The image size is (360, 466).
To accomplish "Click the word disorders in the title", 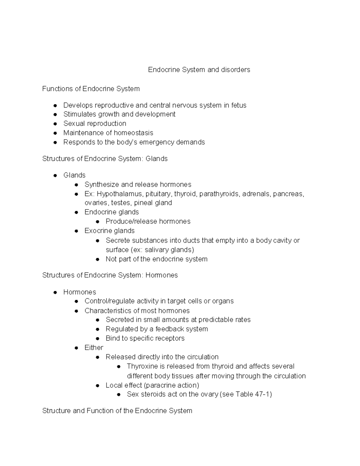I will [x=235, y=70].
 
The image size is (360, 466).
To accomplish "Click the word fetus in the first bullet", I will [x=239, y=105].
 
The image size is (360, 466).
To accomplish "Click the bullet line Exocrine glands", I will [x=109, y=231].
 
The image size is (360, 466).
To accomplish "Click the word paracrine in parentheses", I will [x=160, y=385].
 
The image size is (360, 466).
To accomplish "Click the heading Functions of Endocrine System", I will [x=91, y=89].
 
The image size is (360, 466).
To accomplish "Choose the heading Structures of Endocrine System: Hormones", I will [x=110, y=275].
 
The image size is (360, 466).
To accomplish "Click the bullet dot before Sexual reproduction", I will [x=55, y=124].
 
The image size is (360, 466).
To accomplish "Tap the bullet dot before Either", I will [x=76, y=348].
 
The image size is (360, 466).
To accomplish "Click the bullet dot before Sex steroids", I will [x=119, y=395].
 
